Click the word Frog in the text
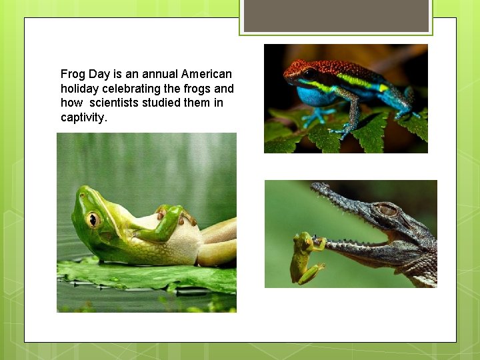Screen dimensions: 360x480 (73, 74)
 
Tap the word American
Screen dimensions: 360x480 (207, 74)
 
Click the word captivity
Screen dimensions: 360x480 (83, 118)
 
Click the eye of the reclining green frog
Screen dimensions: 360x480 (93, 219)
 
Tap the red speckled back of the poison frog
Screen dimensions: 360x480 (333, 69)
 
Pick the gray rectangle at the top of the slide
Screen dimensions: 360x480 (336, 15)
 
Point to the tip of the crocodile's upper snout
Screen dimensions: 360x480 (315, 188)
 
